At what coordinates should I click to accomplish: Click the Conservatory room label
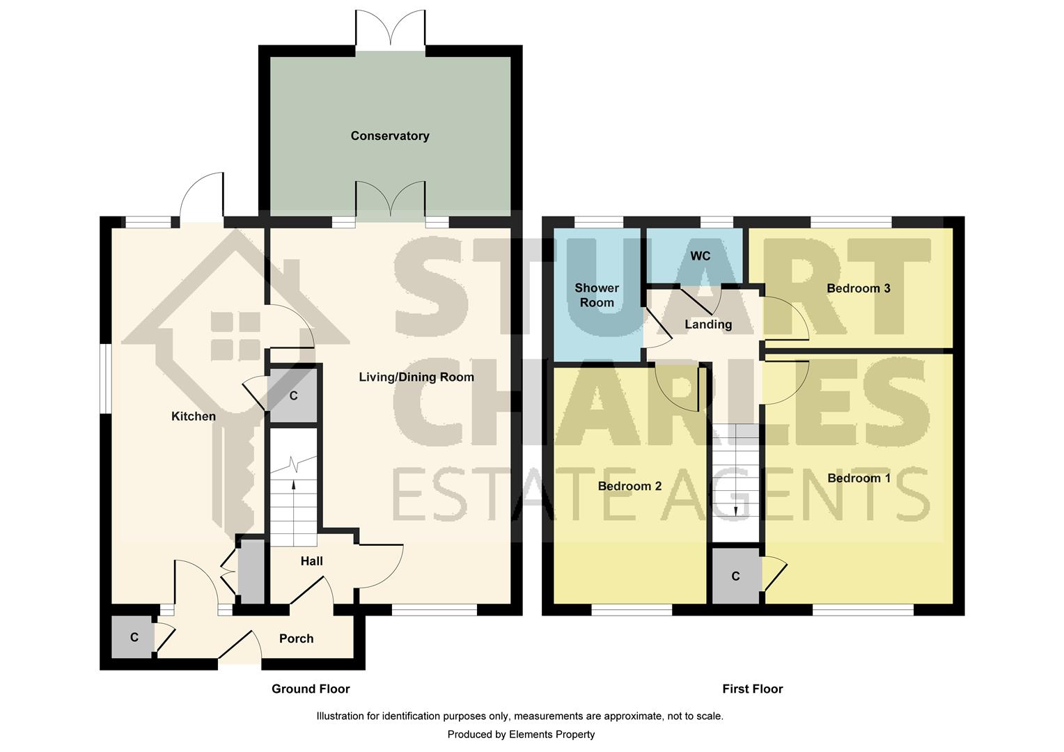click(389, 136)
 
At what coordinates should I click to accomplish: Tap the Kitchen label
click(194, 416)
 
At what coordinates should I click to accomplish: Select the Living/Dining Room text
click(416, 377)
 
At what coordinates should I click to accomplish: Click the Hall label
click(311, 561)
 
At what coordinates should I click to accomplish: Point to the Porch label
click(296, 639)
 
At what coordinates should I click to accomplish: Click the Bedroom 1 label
click(859, 478)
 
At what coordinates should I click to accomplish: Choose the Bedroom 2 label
click(629, 486)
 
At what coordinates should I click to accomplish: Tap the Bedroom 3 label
click(858, 288)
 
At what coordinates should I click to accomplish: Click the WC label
click(700, 256)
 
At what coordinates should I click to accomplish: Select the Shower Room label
click(597, 295)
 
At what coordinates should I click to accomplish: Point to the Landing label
click(708, 324)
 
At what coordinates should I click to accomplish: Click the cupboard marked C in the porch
click(134, 637)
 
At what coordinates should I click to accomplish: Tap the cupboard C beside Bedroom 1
click(735, 577)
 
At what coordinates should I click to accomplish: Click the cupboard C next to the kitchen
click(293, 396)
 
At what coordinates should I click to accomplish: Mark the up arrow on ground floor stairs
click(293, 485)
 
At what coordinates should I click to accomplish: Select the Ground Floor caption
click(311, 689)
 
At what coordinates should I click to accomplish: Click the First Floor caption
click(752, 689)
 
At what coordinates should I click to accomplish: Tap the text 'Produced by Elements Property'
click(521, 735)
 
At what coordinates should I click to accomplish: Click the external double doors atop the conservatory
click(390, 30)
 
